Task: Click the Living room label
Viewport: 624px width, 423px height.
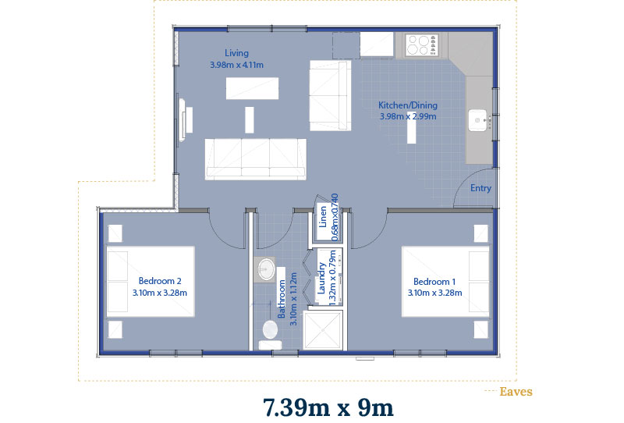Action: (236, 53)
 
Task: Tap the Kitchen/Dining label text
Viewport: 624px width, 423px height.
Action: (408, 105)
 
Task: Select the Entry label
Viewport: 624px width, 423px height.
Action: (480, 188)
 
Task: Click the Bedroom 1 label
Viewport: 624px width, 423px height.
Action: (434, 282)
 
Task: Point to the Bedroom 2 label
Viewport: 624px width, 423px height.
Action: (160, 281)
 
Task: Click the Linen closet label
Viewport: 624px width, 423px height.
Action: (323, 217)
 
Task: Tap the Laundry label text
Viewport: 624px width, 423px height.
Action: (321, 278)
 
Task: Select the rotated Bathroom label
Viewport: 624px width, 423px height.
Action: (282, 299)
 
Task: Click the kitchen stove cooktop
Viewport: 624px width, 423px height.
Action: (422, 44)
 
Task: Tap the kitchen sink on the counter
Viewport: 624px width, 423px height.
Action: (478, 120)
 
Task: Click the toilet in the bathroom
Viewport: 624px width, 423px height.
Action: (270, 334)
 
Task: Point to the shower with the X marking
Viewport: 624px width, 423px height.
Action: (322, 331)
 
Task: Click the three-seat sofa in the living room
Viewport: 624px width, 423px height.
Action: (256, 159)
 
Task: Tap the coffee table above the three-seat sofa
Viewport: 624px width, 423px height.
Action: (252, 88)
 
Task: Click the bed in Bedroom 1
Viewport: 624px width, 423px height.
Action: (445, 282)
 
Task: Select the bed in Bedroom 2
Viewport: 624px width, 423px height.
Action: (151, 282)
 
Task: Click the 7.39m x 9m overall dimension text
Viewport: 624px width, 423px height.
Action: (328, 407)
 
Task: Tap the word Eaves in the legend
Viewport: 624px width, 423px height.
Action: (516, 392)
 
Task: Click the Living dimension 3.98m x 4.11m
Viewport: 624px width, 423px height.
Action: (237, 65)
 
